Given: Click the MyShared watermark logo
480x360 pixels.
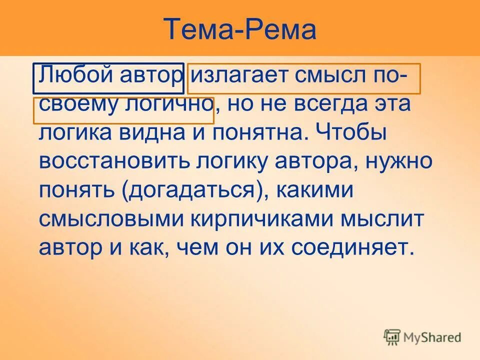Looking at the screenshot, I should (422, 337).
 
